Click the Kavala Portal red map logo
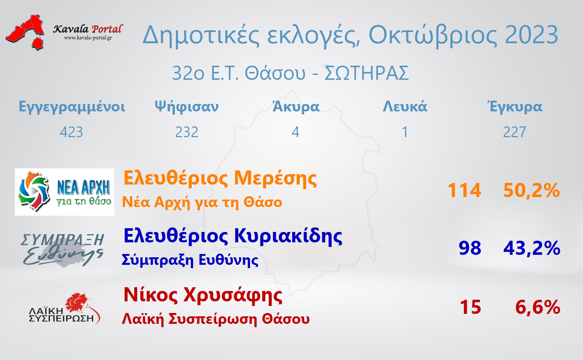(25, 32)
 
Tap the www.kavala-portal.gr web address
(88, 38)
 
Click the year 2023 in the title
(531, 35)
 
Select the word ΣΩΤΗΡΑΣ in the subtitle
(367, 73)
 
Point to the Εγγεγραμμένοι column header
(72, 107)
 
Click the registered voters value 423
(71, 132)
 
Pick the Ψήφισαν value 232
(187, 132)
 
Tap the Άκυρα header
(296, 106)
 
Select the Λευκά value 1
(405, 132)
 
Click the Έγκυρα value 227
(514, 132)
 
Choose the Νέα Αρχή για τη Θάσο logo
(64, 192)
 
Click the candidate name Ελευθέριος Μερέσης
(220, 179)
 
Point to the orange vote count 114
(465, 190)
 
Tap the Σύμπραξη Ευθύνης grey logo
(62, 250)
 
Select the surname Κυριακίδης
(288, 237)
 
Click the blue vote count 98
(470, 248)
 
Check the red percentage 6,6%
(538, 307)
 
